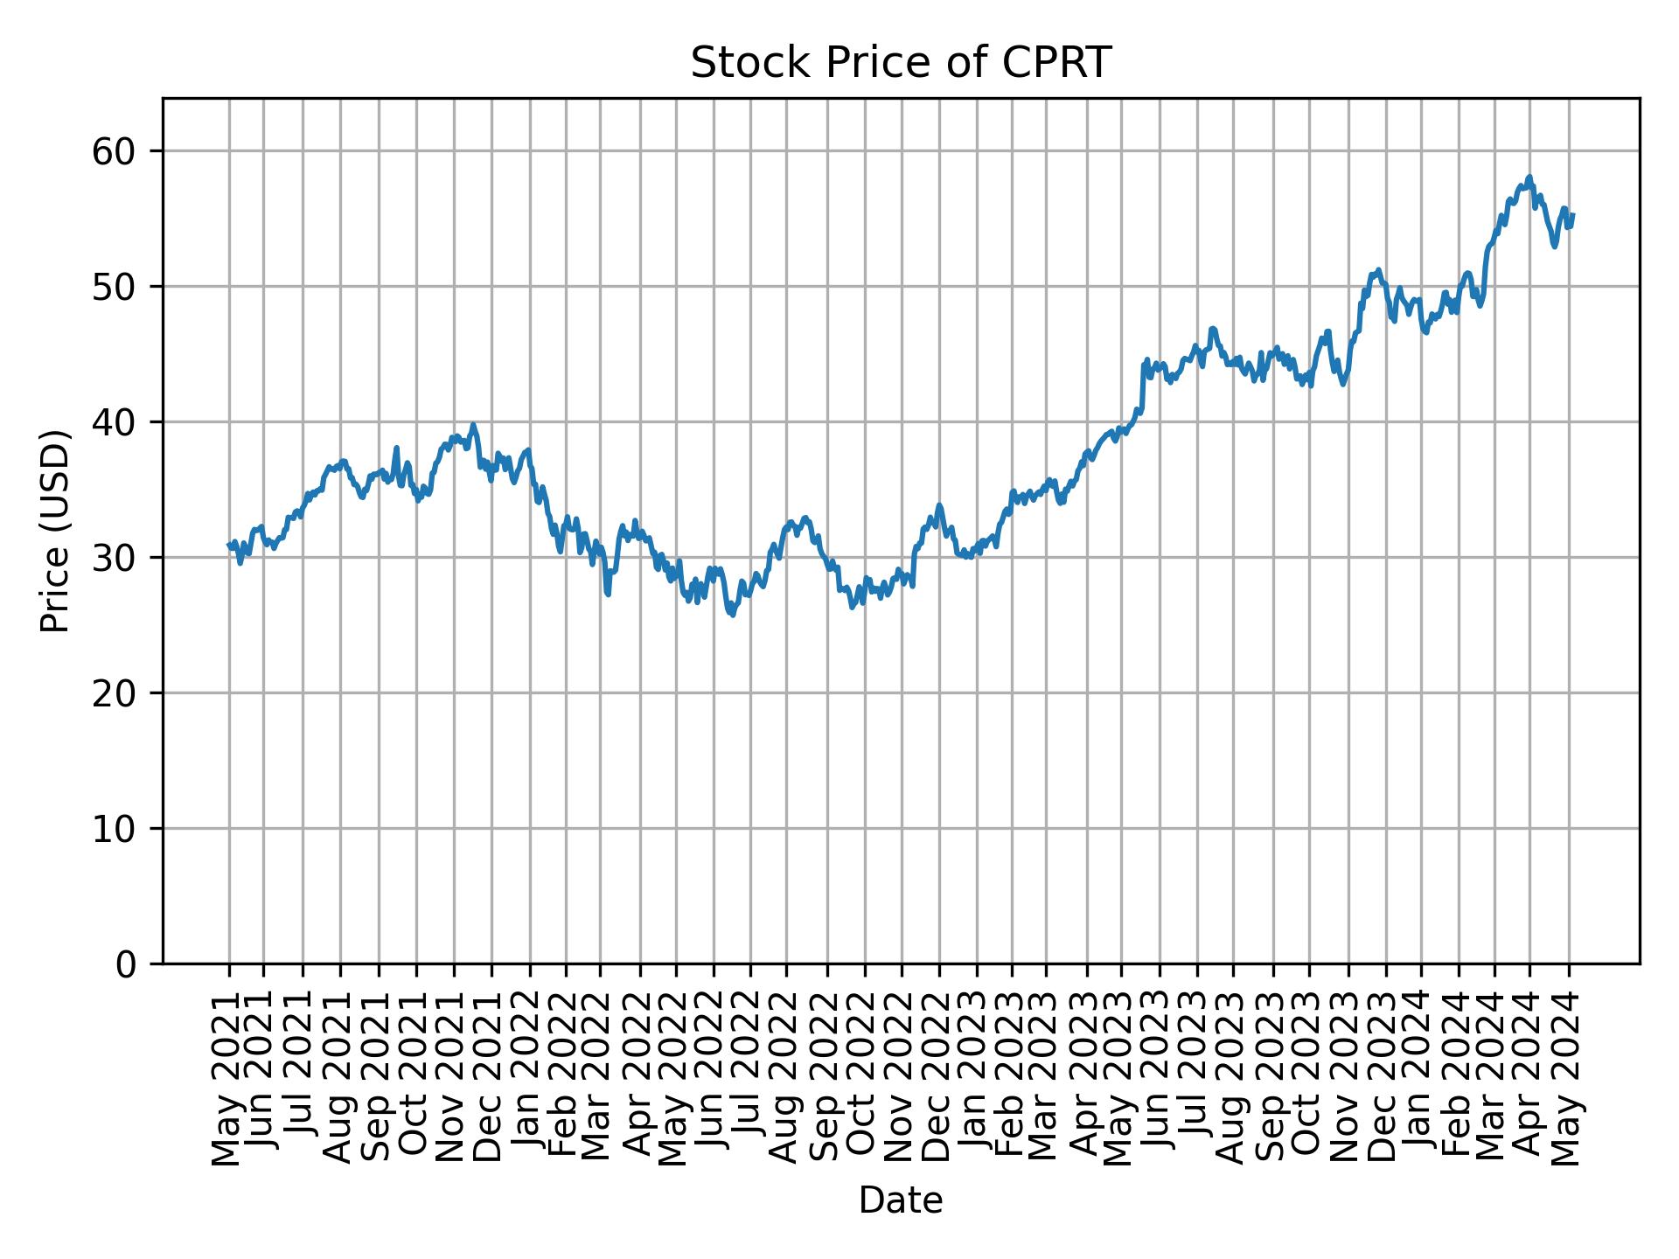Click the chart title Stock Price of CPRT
(900, 63)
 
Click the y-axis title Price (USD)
(55, 531)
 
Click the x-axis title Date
(900, 1200)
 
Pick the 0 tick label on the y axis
(125, 963)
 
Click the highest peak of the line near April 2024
(1529, 177)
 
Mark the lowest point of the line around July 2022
(733, 616)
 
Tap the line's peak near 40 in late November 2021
(473, 425)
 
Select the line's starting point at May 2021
(229, 545)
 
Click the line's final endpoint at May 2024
(1573, 214)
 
